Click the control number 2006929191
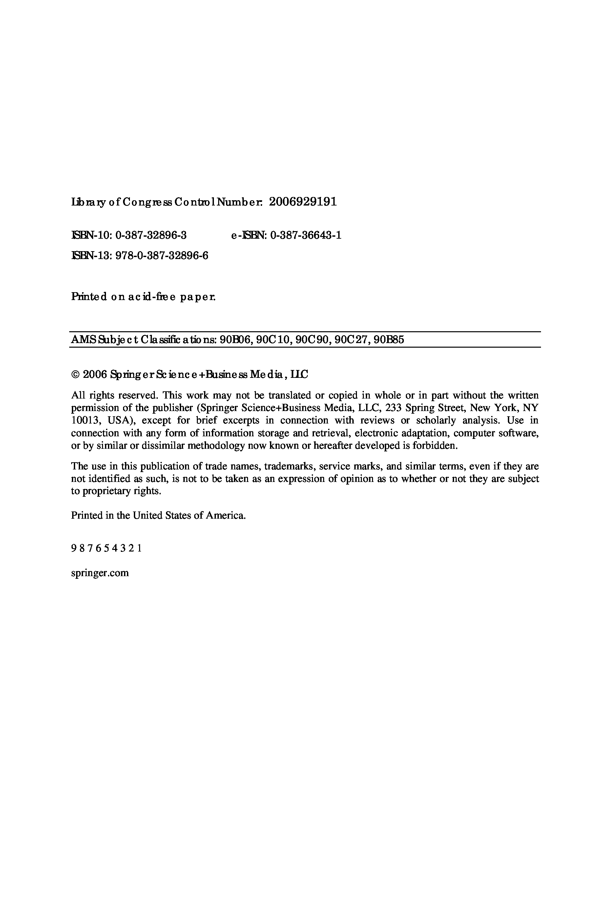tap(303, 202)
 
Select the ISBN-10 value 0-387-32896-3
tap(151, 235)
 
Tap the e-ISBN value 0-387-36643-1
tap(306, 235)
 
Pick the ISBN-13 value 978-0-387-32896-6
tap(161, 255)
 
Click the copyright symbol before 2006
tap(75, 375)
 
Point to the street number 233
tap(393, 408)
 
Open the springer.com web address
tap(100, 573)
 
